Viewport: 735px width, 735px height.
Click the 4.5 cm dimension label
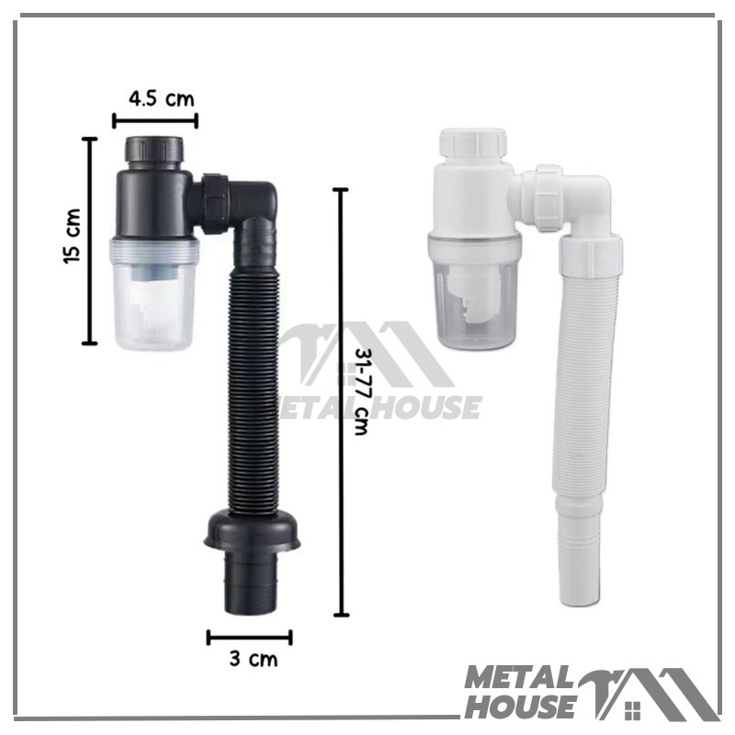click(x=162, y=99)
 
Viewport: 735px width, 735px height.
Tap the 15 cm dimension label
click(x=72, y=236)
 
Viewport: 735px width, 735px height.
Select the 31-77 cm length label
click(x=363, y=391)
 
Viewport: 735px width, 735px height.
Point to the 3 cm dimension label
click(x=254, y=659)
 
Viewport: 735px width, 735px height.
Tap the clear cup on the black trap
click(x=154, y=294)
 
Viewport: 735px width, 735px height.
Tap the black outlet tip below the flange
click(x=252, y=582)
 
